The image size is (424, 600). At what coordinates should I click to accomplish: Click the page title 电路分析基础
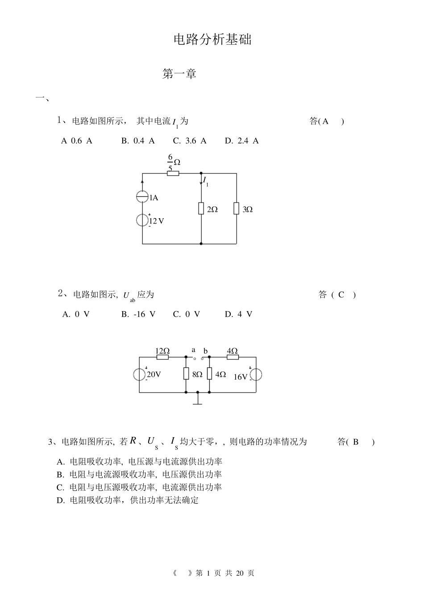click(212, 39)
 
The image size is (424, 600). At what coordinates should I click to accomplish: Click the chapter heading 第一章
click(179, 74)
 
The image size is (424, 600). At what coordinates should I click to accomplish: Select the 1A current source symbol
click(142, 197)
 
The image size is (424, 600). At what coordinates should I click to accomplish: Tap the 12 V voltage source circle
click(142, 220)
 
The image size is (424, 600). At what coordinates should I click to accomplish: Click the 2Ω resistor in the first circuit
click(201, 209)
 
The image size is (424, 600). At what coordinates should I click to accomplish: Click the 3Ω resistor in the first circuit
click(236, 209)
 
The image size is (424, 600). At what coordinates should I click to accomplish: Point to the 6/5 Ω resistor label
click(173, 162)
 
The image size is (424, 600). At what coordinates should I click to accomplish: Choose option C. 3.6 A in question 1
click(190, 141)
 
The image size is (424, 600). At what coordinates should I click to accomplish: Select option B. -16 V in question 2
click(138, 314)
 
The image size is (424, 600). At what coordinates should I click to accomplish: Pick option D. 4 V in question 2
click(238, 314)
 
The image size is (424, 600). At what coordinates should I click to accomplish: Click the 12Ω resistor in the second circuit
click(162, 357)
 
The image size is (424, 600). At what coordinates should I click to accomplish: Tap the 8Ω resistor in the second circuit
click(186, 374)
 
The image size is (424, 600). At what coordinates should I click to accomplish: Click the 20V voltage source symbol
click(140, 374)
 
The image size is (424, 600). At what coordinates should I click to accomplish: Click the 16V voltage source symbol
click(256, 375)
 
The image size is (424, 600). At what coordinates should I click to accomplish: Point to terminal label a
click(193, 350)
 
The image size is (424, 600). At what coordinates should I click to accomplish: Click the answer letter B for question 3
click(356, 442)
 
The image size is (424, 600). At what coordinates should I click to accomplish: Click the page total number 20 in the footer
click(239, 573)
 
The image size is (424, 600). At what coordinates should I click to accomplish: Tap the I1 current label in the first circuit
click(206, 181)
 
